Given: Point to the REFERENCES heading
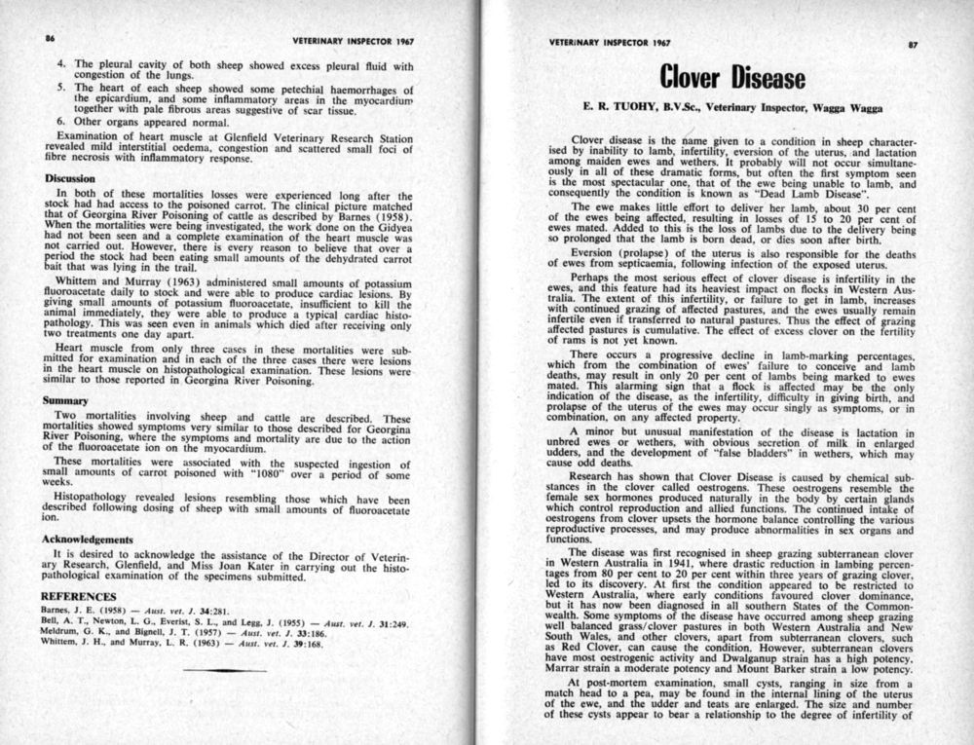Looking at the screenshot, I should click(81, 596).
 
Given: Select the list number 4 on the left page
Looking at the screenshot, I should click(60, 65).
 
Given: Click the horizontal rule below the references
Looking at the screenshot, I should click(223, 670).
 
